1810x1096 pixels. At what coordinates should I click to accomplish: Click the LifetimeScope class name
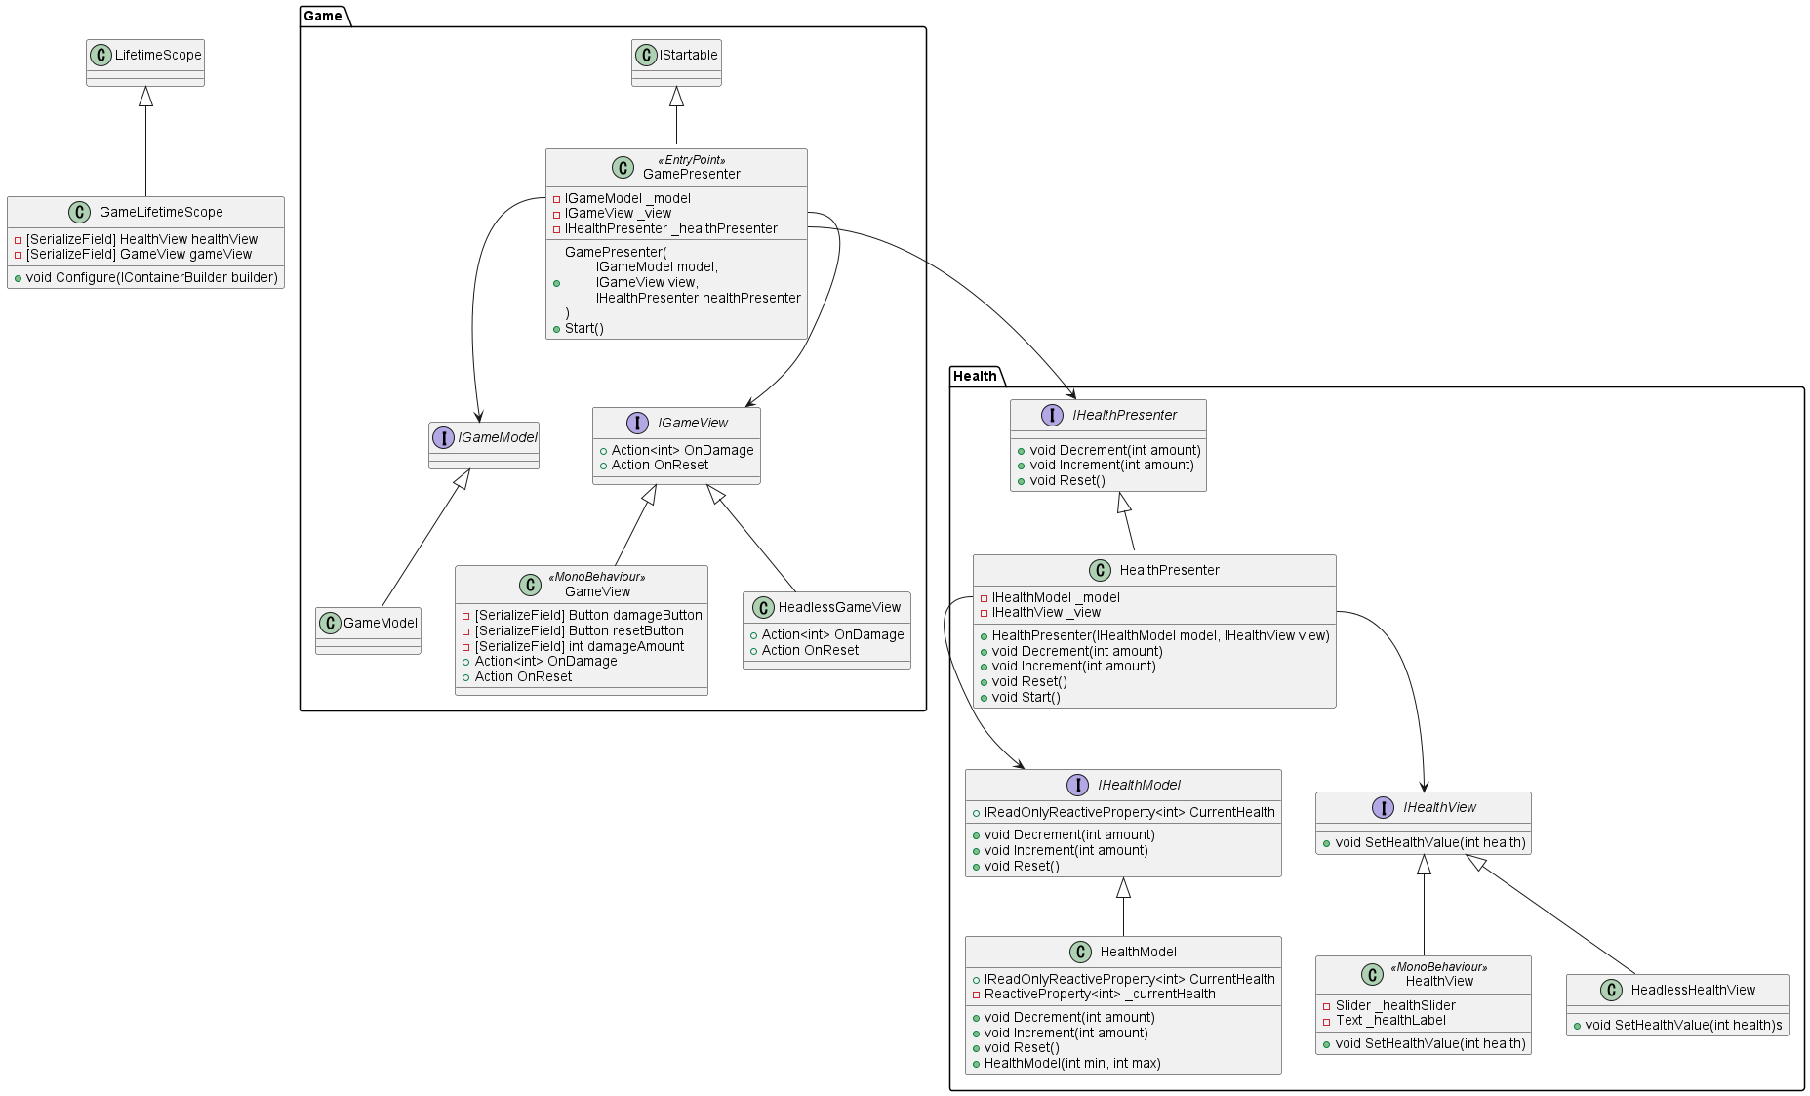point(158,55)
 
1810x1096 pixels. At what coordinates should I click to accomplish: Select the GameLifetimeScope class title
point(161,212)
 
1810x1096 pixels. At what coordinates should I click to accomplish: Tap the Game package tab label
point(323,16)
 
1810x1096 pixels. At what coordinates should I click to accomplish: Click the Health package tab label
point(975,376)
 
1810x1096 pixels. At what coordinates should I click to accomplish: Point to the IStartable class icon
point(646,55)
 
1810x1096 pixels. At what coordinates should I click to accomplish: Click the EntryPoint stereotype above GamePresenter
point(691,160)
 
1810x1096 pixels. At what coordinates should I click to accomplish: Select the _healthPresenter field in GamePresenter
point(670,228)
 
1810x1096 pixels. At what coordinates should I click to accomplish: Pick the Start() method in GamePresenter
point(583,328)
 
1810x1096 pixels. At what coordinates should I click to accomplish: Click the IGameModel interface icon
point(443,437)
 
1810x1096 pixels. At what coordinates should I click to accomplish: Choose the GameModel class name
point(380,623)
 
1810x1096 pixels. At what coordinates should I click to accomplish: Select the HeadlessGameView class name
point(839,607)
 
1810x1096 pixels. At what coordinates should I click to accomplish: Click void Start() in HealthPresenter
point(1026,697)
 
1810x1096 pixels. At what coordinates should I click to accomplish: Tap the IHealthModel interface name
point(1139,785)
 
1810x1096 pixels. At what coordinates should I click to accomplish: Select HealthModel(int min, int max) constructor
point(1071,1063)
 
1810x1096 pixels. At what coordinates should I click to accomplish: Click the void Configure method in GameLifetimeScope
point(151,277)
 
